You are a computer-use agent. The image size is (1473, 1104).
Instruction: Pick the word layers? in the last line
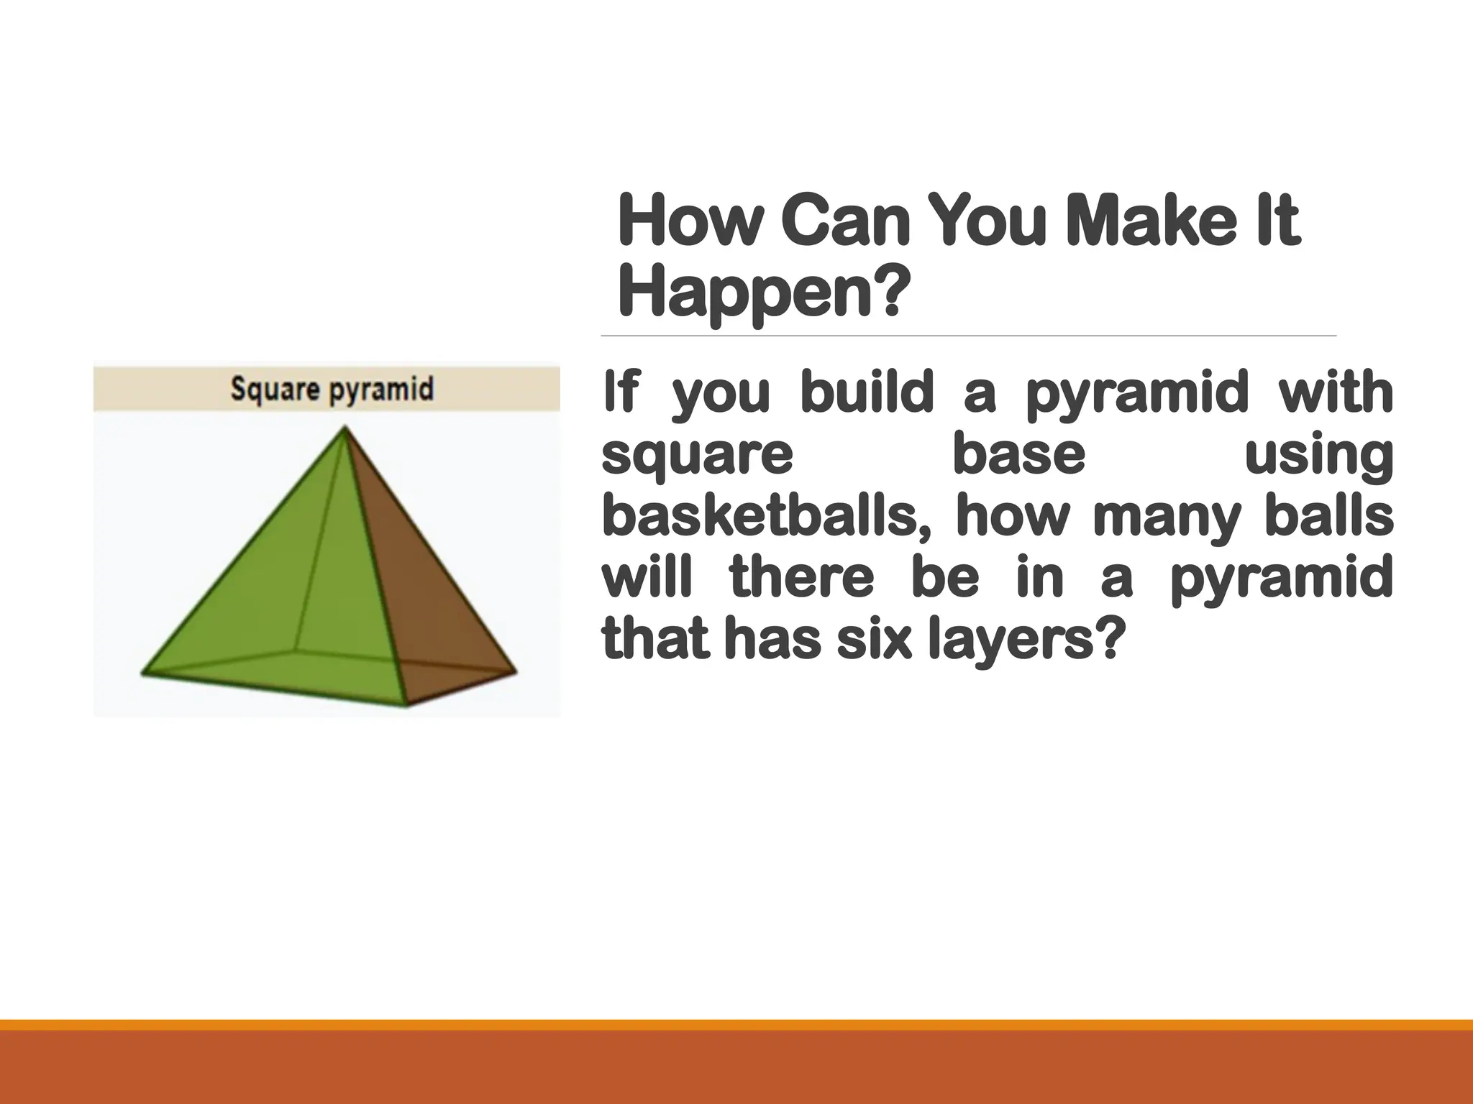coord(1024,641)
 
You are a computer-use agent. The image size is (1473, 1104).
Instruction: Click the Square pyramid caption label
coord(332,390)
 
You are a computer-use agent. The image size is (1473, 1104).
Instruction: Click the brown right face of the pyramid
coord(417,575)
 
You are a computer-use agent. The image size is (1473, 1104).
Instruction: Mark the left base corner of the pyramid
coord(142,673)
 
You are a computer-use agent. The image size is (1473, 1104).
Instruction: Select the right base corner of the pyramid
coord(516,672)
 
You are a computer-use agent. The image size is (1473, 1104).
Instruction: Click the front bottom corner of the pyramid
coord(406,705)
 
